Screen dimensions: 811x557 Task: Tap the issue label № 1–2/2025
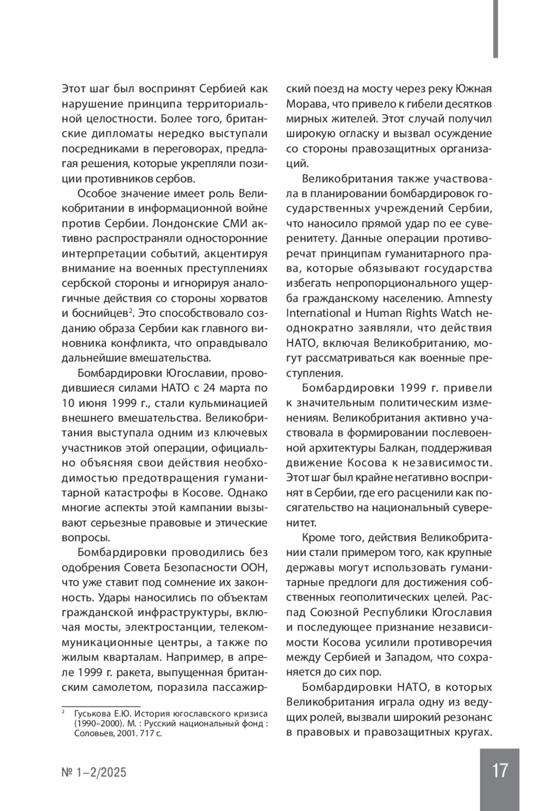tap(94, 772)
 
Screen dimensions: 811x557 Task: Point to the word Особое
tap(96, 194)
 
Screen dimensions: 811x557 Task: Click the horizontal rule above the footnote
tap(101, 706)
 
